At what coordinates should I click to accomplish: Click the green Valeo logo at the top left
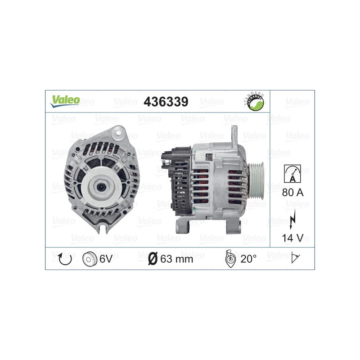pos(65,101)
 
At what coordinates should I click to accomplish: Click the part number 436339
pos(165,102)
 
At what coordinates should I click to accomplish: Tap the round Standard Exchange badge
pos(255,101)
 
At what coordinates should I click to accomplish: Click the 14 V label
pos(292,237)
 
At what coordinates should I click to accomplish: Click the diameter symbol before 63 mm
pos(152,259)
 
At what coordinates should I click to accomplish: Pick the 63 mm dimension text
pos(177,259)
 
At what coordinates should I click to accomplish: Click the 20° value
pos(248,259)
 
